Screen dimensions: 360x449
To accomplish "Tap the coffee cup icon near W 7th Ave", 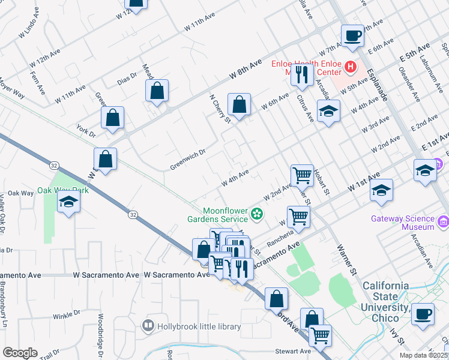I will [352, 35].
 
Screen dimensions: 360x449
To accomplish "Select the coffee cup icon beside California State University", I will [423, 313].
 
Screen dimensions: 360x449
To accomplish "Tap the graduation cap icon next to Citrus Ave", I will [328, 111].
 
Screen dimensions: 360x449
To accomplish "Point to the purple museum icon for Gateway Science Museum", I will [444, 223].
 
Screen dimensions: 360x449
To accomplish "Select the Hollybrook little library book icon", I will [148, 326].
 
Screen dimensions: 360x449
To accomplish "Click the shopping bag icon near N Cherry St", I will [240, 104].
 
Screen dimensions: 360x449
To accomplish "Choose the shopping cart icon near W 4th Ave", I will [302, 175].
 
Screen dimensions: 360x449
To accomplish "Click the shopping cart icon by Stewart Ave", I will [320, 334].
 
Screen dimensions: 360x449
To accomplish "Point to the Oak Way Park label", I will [63, 190].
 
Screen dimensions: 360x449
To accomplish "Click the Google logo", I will [20, 353].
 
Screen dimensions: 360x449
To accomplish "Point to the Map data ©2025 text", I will [424, 355].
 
